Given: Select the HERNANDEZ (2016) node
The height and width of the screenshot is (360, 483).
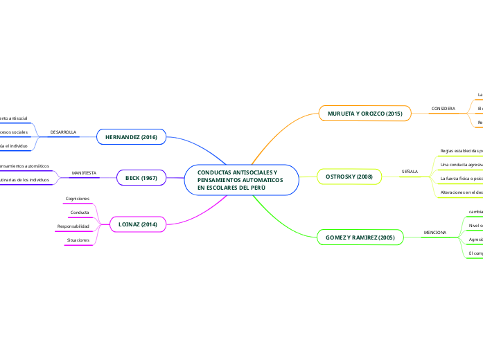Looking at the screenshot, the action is coord(132,137).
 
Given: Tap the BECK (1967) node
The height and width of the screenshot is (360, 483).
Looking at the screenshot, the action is coord(141,178).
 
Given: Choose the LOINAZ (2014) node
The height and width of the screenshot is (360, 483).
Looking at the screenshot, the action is coord(138,224).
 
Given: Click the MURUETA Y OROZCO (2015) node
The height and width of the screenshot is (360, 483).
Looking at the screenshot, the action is coord(365,113).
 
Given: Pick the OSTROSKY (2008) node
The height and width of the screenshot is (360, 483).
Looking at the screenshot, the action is coord(349,177).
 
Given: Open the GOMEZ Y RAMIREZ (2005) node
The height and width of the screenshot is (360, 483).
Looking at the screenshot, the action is coord(360,237).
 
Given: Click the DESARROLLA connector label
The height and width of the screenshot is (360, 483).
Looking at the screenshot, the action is coord(64,132).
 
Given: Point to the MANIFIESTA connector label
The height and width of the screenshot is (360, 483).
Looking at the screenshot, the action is coord(84,172).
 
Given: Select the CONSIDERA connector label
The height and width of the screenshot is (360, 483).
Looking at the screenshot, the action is coord(444,109).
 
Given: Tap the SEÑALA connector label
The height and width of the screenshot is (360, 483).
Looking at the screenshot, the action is coord(410,171).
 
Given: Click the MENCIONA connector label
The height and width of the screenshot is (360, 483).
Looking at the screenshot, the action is coord(434,232).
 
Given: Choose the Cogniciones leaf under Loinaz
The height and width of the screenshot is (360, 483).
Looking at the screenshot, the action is coord(78,199).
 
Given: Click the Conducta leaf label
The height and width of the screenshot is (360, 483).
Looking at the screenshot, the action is coord(80,212).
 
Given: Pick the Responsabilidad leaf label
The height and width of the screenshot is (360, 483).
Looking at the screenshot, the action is coord(73,226).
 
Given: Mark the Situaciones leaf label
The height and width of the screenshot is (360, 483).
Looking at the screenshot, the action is coord(78,240).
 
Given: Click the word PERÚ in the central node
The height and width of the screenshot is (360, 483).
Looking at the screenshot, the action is coord(256,188).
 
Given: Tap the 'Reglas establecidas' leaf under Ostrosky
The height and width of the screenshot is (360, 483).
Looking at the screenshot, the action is coord(461,150).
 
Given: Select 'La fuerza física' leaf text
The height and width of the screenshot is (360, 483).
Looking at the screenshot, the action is coord(461,178).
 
